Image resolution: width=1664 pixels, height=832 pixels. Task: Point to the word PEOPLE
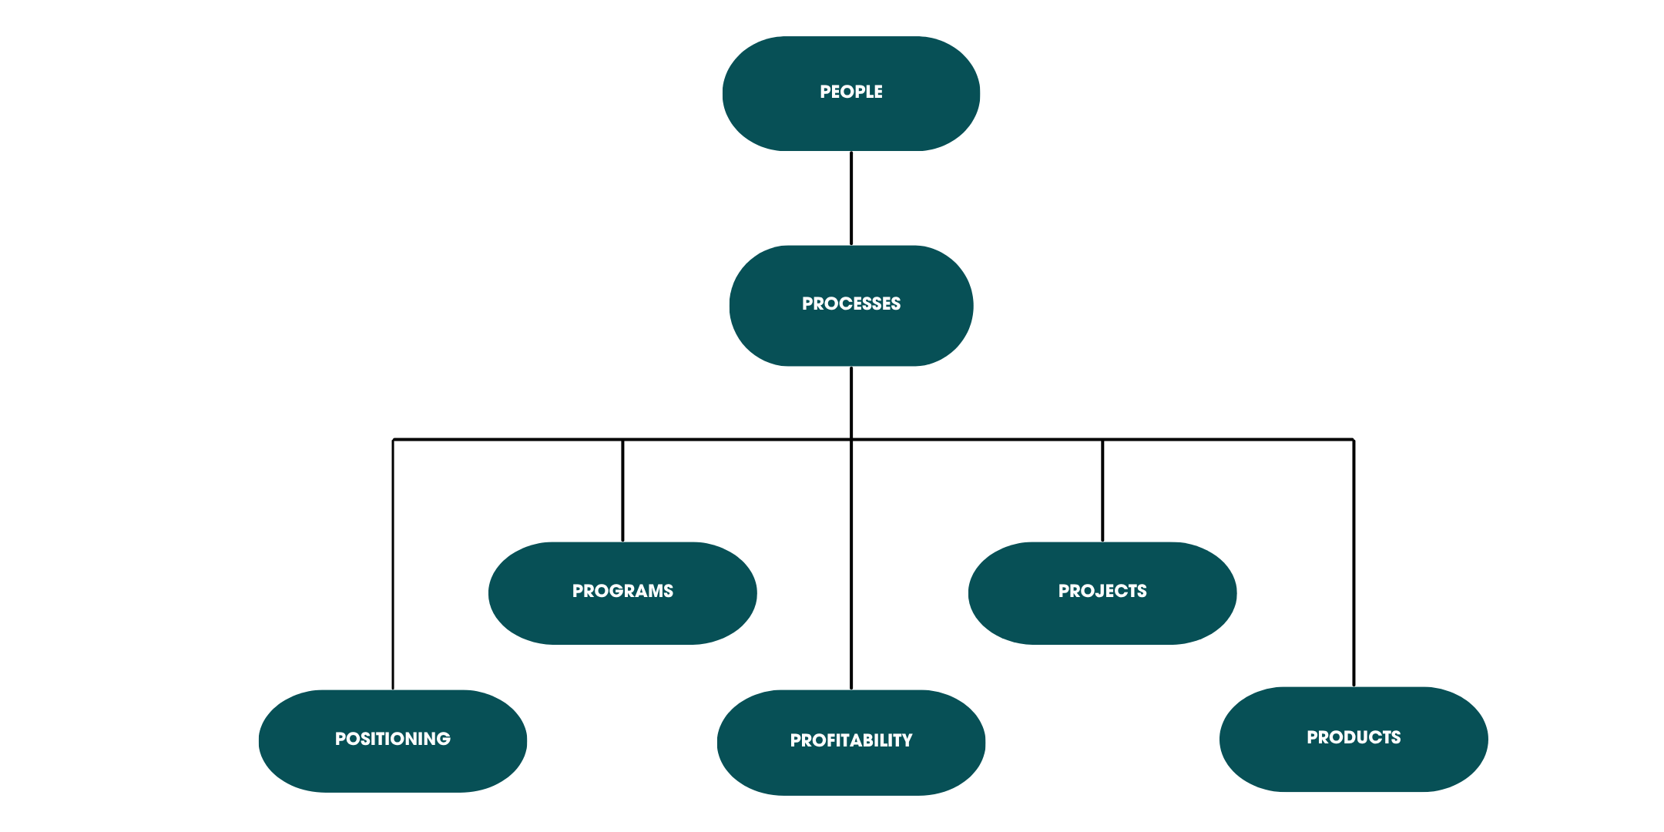point(850,92)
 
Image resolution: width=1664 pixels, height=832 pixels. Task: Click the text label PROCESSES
point(850,304)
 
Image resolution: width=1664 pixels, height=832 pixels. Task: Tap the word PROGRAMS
point(622,591)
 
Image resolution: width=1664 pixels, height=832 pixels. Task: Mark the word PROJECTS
point(1102,591)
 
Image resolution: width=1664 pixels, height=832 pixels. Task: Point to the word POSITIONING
point(392,739)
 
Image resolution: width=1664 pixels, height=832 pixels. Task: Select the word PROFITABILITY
point(850,740)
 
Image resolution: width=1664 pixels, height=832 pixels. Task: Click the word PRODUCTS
point(1354,737)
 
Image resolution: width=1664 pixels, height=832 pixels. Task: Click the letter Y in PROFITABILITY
point(907,740)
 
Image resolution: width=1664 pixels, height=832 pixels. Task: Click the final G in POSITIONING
point(443,739)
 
